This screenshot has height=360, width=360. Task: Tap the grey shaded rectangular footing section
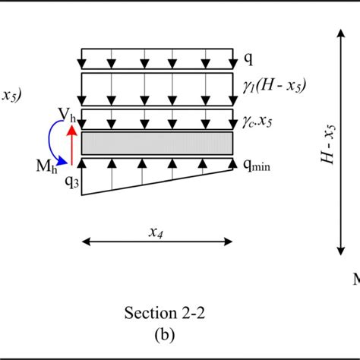point(157,143)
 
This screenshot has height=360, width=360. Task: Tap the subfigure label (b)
point(157,331)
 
